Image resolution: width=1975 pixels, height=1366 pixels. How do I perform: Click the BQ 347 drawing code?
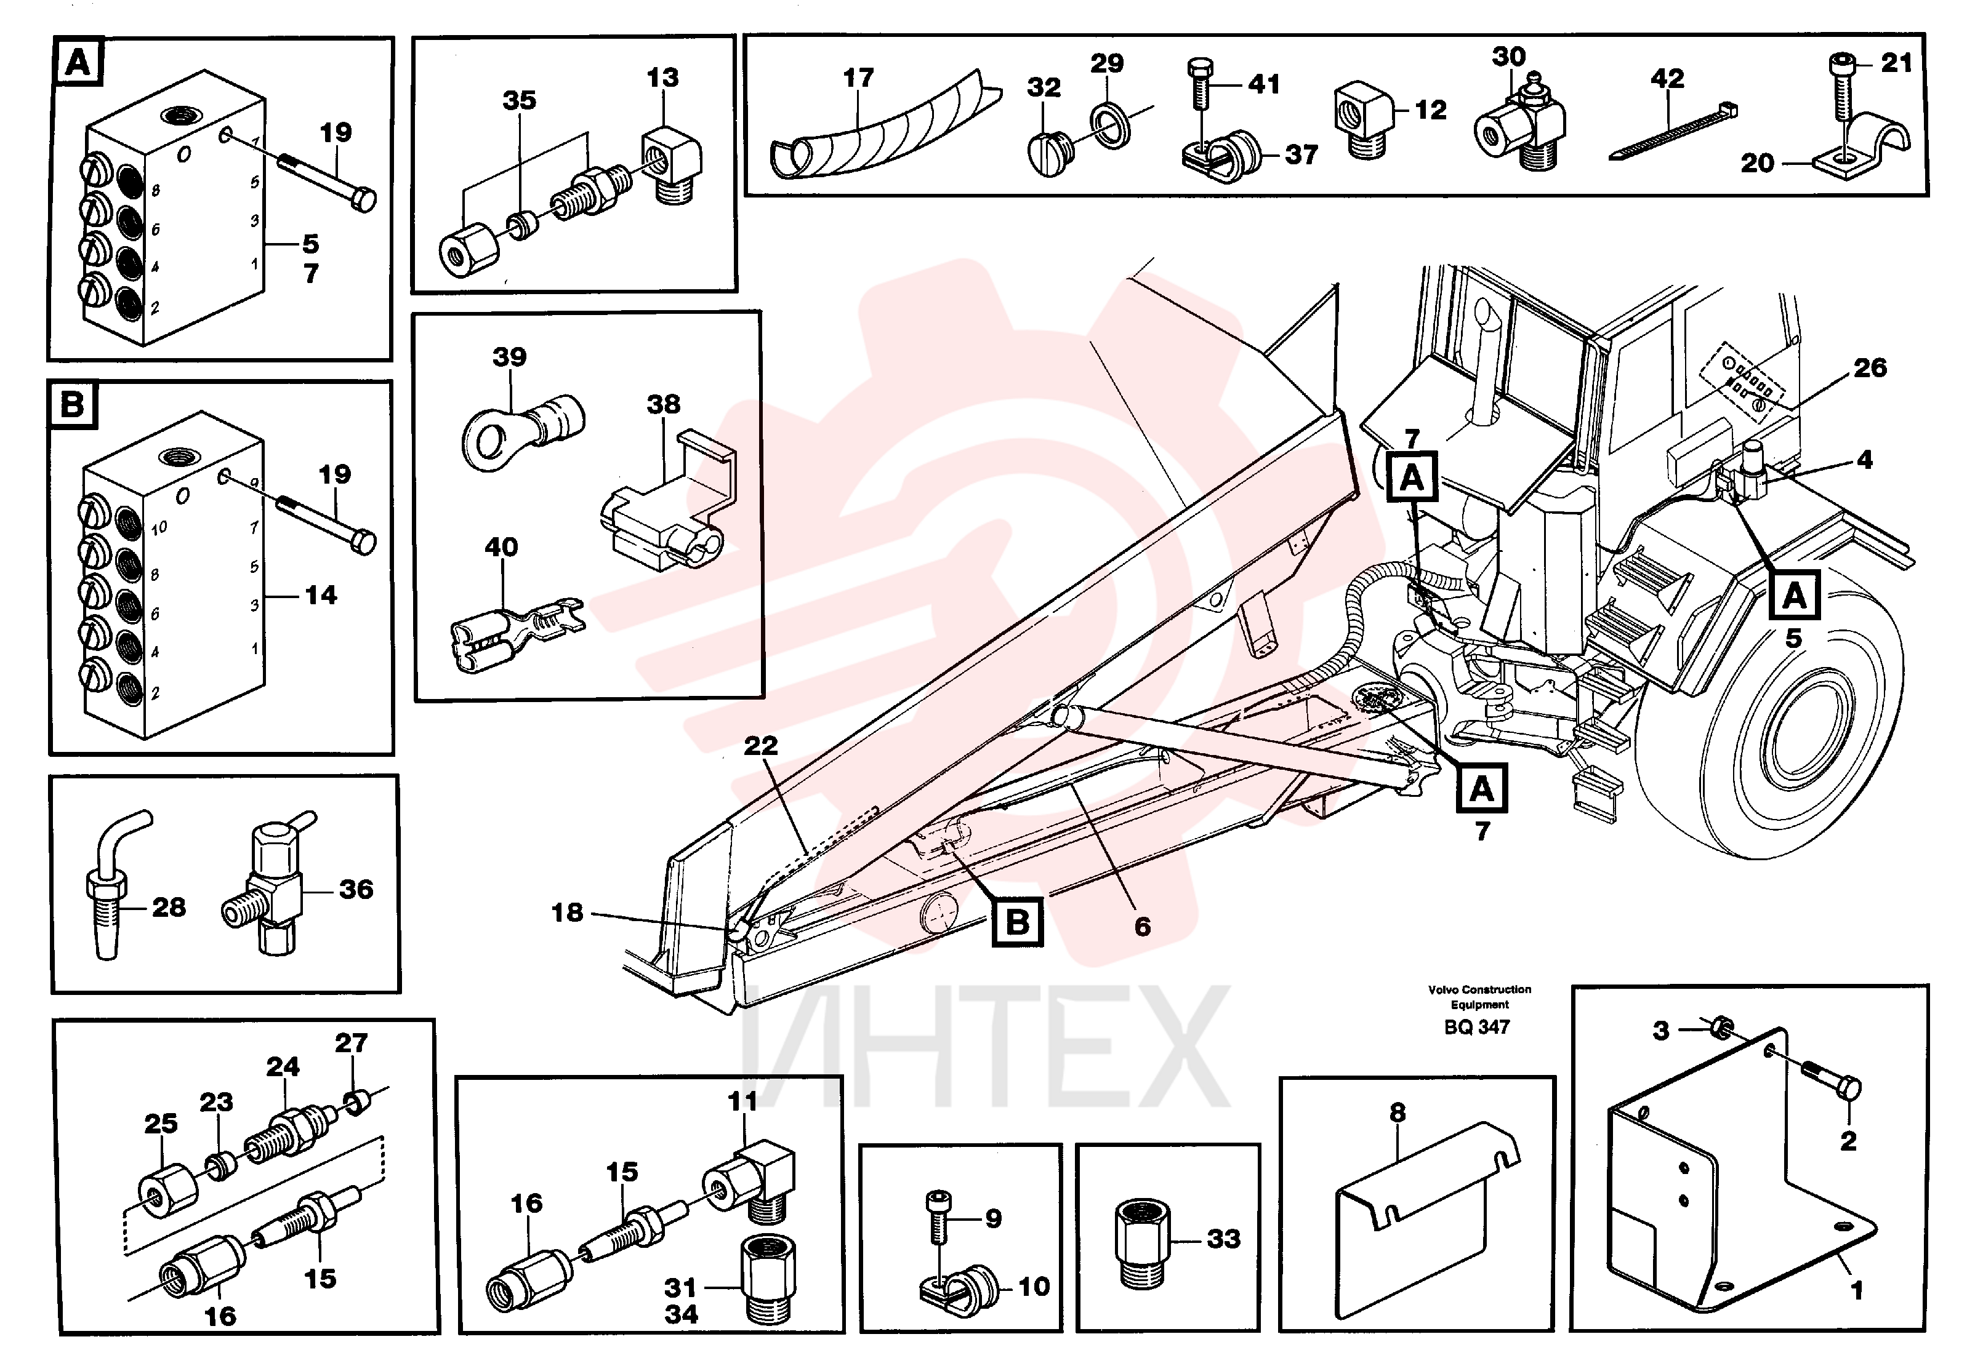click(1477, 1026)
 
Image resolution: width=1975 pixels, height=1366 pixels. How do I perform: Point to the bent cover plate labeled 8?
click(1428, 1219)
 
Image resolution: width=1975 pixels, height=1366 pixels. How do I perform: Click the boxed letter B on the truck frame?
click(1017, 922)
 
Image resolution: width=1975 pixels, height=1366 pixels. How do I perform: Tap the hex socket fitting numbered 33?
click(1142, 1243)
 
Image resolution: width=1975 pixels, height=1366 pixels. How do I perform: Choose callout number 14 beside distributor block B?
click(321, 595)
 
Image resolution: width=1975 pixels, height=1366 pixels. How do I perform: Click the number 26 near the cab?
click(1870, 368)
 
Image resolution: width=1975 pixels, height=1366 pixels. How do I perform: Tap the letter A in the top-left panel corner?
click(78, 63)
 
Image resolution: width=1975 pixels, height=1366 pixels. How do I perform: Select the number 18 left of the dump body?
click(567, 913)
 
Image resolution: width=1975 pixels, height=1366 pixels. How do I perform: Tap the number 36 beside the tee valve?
click(356, 889)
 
